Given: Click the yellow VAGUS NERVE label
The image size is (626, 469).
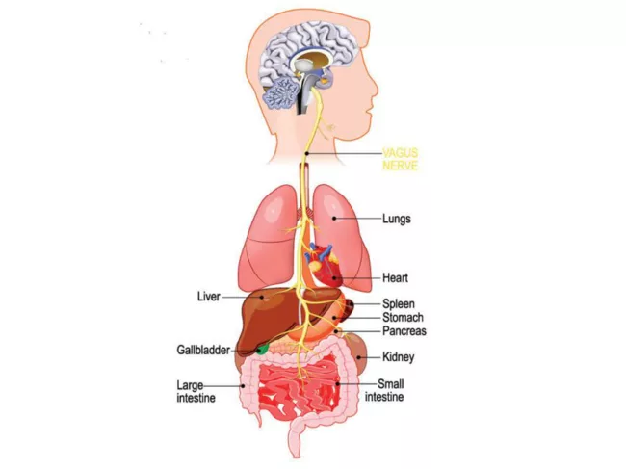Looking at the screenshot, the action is tap(400, 159).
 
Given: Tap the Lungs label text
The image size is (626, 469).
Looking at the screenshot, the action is tap(397, 219).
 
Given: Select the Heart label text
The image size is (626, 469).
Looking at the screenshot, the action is tap(395, 277).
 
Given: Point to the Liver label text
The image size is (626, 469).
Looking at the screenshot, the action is tap(209, 297).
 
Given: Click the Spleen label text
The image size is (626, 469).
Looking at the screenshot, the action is tap(399, 303).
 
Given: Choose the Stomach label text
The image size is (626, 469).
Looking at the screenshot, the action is tap(403, 318).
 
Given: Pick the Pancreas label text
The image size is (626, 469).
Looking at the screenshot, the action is tap(404, 331).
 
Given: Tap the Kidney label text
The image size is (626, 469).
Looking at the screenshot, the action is tap(398, 357).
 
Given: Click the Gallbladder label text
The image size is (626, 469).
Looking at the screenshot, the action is tap(203, 350).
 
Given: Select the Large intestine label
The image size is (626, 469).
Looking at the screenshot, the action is tap(196, 392).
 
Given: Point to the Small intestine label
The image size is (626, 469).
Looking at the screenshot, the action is tap(384, 390).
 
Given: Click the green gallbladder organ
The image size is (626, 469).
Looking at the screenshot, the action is tap(262, 350).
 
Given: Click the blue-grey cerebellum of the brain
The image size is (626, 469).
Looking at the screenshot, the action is tap(280, 92).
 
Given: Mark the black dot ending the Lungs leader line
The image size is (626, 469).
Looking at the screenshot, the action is tap(334, 219).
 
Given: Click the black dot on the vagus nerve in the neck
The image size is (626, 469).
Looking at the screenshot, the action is tap(306, 154).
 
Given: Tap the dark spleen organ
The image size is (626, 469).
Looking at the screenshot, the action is tap(350, 307).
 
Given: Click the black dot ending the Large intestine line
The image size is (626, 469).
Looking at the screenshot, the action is tap(243, 386).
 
